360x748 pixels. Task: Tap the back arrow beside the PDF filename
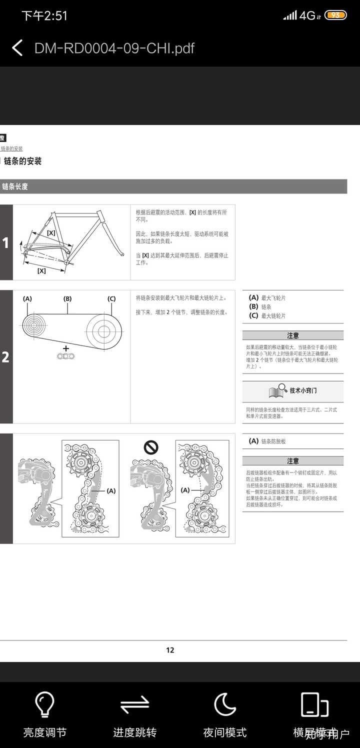coord(17,48)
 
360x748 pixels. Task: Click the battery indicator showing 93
coord(335,15)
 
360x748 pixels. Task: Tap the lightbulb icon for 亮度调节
coord(44,705)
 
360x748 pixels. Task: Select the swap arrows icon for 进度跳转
coord(134,705)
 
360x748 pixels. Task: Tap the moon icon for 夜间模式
coord(224,705)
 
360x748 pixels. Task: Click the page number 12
coord(170,650)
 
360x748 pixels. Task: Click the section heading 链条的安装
coord(22,161)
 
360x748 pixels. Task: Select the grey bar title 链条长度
coord(15,186)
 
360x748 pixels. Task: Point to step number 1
coord(5,243)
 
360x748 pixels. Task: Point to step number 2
coord(5,357)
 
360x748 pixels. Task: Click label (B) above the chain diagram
coord(67,299)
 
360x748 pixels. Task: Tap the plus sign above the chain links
coord(65,347)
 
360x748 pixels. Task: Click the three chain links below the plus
coord(65,356)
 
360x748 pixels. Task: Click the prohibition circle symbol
coord(151,447)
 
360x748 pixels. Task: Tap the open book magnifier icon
coord(277,391)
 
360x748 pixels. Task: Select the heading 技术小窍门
coord(303,390)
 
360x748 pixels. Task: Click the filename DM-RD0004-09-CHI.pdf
coord(114,48)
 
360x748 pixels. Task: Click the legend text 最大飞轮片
coord(273,298)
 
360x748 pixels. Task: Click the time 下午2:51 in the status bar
coord(44,15)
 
